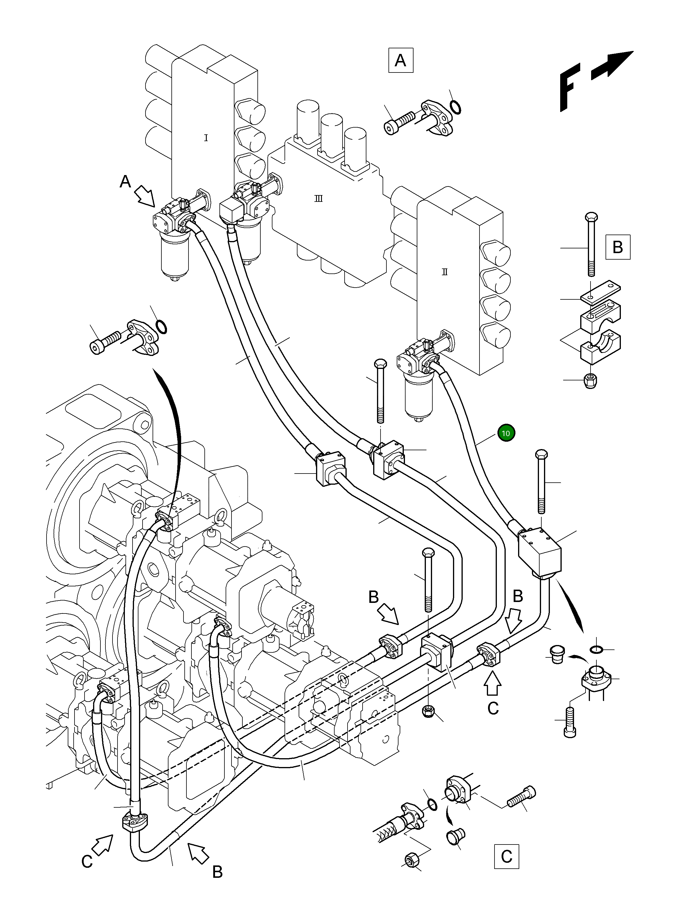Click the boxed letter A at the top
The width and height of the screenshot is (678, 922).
(400, 61)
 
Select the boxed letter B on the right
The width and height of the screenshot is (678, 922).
(618, 247)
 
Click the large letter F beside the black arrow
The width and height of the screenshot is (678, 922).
(570, 87)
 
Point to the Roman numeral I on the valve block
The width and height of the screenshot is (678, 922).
(206, 138)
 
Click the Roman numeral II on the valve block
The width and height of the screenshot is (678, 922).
(444, 272)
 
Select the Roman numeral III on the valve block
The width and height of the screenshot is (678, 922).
(318, 199)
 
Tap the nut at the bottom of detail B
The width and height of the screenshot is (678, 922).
(590, 380)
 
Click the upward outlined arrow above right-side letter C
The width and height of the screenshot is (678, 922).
(492, 684)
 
